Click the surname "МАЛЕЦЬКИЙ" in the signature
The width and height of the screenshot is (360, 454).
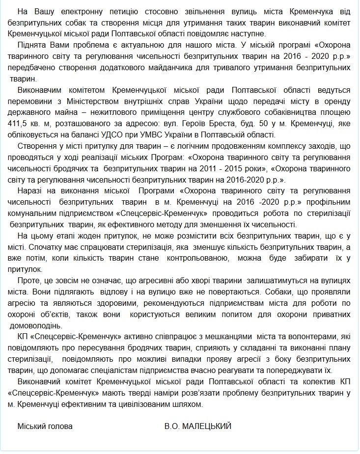click(x=207, y=426)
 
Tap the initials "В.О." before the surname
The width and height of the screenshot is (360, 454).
click(x=172, y=426)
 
